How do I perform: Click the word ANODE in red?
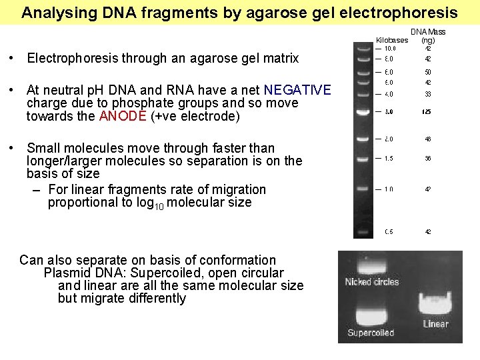[123, 116]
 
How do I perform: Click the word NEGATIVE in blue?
[297, 90]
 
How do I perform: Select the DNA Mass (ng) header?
[428, 36]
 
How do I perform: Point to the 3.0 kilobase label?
[389, 111]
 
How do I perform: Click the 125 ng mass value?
[427, 111]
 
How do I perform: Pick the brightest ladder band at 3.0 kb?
[363, 112]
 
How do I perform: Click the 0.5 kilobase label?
[389, 232]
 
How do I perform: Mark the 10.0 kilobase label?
[390, 49]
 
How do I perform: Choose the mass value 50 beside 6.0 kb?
[428, 72]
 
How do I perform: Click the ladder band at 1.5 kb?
[363, 159]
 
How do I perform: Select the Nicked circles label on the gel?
[371, 282]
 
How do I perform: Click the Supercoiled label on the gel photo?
[371, 333]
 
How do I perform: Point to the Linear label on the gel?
[436, 324]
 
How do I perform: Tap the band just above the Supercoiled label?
[371, 315]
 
